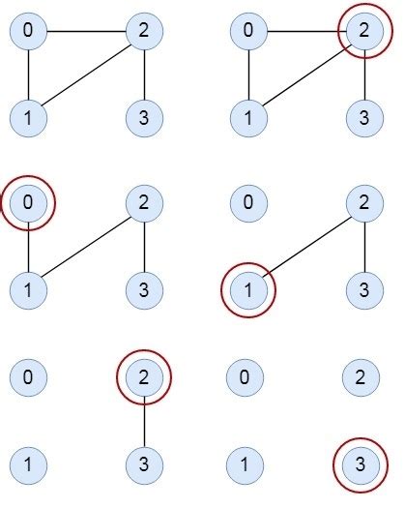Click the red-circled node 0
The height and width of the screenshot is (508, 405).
tap(28, 203)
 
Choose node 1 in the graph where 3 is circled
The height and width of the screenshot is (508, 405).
tap(249, 463)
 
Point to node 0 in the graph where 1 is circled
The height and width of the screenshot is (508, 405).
tap(249, 203)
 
